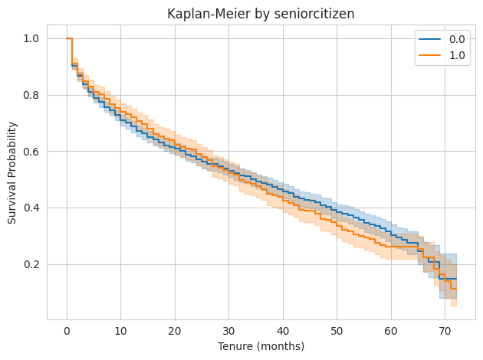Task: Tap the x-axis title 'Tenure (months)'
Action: tap(261, 346)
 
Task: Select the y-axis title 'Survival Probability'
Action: tap(12, 172)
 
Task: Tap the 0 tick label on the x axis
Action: tap(67, 331)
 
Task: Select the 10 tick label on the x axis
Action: tap(120, 331)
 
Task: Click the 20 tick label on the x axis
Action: tap(175, 331)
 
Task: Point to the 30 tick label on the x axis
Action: tap(228, 331)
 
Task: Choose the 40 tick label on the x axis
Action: tap(283, 331)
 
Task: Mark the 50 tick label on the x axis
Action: tap(337, 331)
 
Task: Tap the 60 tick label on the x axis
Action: tap(391, 331)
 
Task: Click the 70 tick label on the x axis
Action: tap(445, 331)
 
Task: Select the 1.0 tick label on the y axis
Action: tap(33, 39)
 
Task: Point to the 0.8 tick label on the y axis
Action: tap(33, 96)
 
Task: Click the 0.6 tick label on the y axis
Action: tap(33, 152)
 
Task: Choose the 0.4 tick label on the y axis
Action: tap(33, 208)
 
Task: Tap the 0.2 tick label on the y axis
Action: tap(33, 265)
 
